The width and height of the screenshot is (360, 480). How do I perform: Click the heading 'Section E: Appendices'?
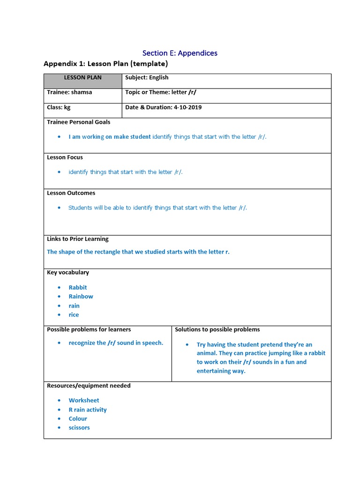(180, 53)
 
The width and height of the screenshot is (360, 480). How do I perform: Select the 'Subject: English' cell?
(147, 78)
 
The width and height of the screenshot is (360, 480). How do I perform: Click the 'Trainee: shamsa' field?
(69, 92)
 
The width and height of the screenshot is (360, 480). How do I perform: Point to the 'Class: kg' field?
(59, 107)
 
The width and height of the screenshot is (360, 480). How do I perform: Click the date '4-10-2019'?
(187, 107)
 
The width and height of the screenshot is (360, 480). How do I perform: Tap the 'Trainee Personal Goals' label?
(79, 122)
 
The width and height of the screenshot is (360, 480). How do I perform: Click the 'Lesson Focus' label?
(65, 157)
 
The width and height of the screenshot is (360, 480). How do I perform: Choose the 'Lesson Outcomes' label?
(71, 193)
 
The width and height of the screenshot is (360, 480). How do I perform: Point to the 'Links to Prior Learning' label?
(78, 239)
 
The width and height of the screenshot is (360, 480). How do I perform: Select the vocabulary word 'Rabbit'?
(78, 287)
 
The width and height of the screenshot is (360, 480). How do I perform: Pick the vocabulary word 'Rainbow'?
(81, 296)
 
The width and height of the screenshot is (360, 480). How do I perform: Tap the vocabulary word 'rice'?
(74, 315)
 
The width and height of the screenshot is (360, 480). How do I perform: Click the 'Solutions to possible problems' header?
(217, 330)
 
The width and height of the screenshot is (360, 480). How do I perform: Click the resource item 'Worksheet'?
(84, 400)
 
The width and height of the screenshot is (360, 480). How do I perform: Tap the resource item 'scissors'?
(79, 427)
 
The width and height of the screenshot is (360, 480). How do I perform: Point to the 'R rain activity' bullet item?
(88, 410)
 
